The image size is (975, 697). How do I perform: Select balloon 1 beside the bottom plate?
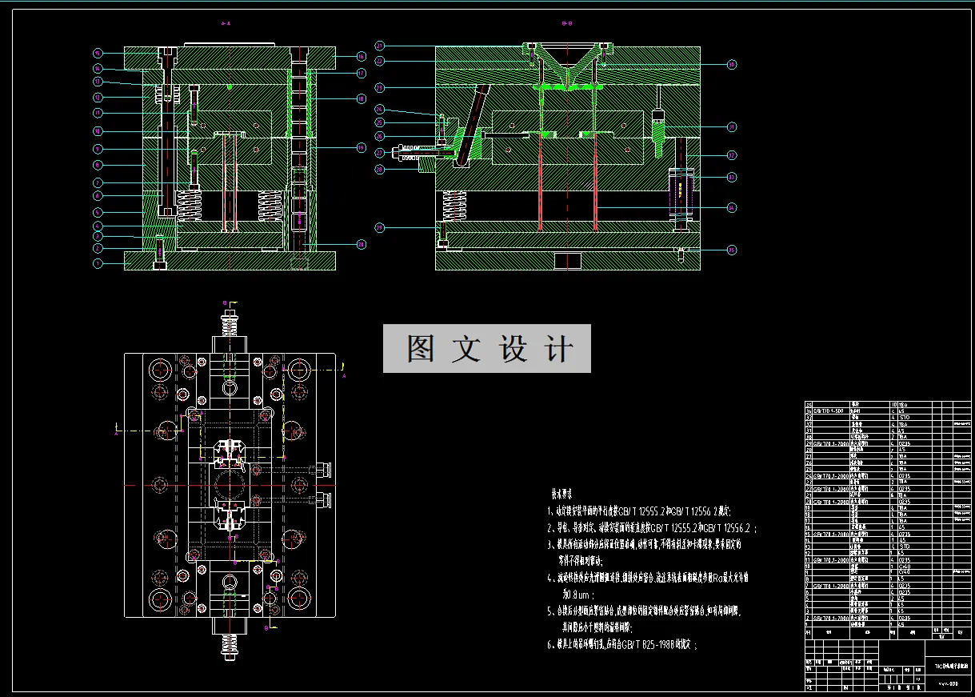(98, 262)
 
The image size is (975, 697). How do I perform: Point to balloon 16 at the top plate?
(362, 57)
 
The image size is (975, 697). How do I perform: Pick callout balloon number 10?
(98, 130)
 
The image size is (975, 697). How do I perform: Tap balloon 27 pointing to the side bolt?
(380, 152)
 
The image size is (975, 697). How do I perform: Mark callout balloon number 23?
(380, 86)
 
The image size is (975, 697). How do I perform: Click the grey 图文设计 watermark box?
(486, 348)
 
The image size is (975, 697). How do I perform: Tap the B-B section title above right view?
(566, 24)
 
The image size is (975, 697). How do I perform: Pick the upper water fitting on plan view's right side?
(323, 470)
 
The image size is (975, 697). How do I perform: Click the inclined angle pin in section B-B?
(472, 124)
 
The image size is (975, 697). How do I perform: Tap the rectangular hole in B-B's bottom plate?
(568, 261)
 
